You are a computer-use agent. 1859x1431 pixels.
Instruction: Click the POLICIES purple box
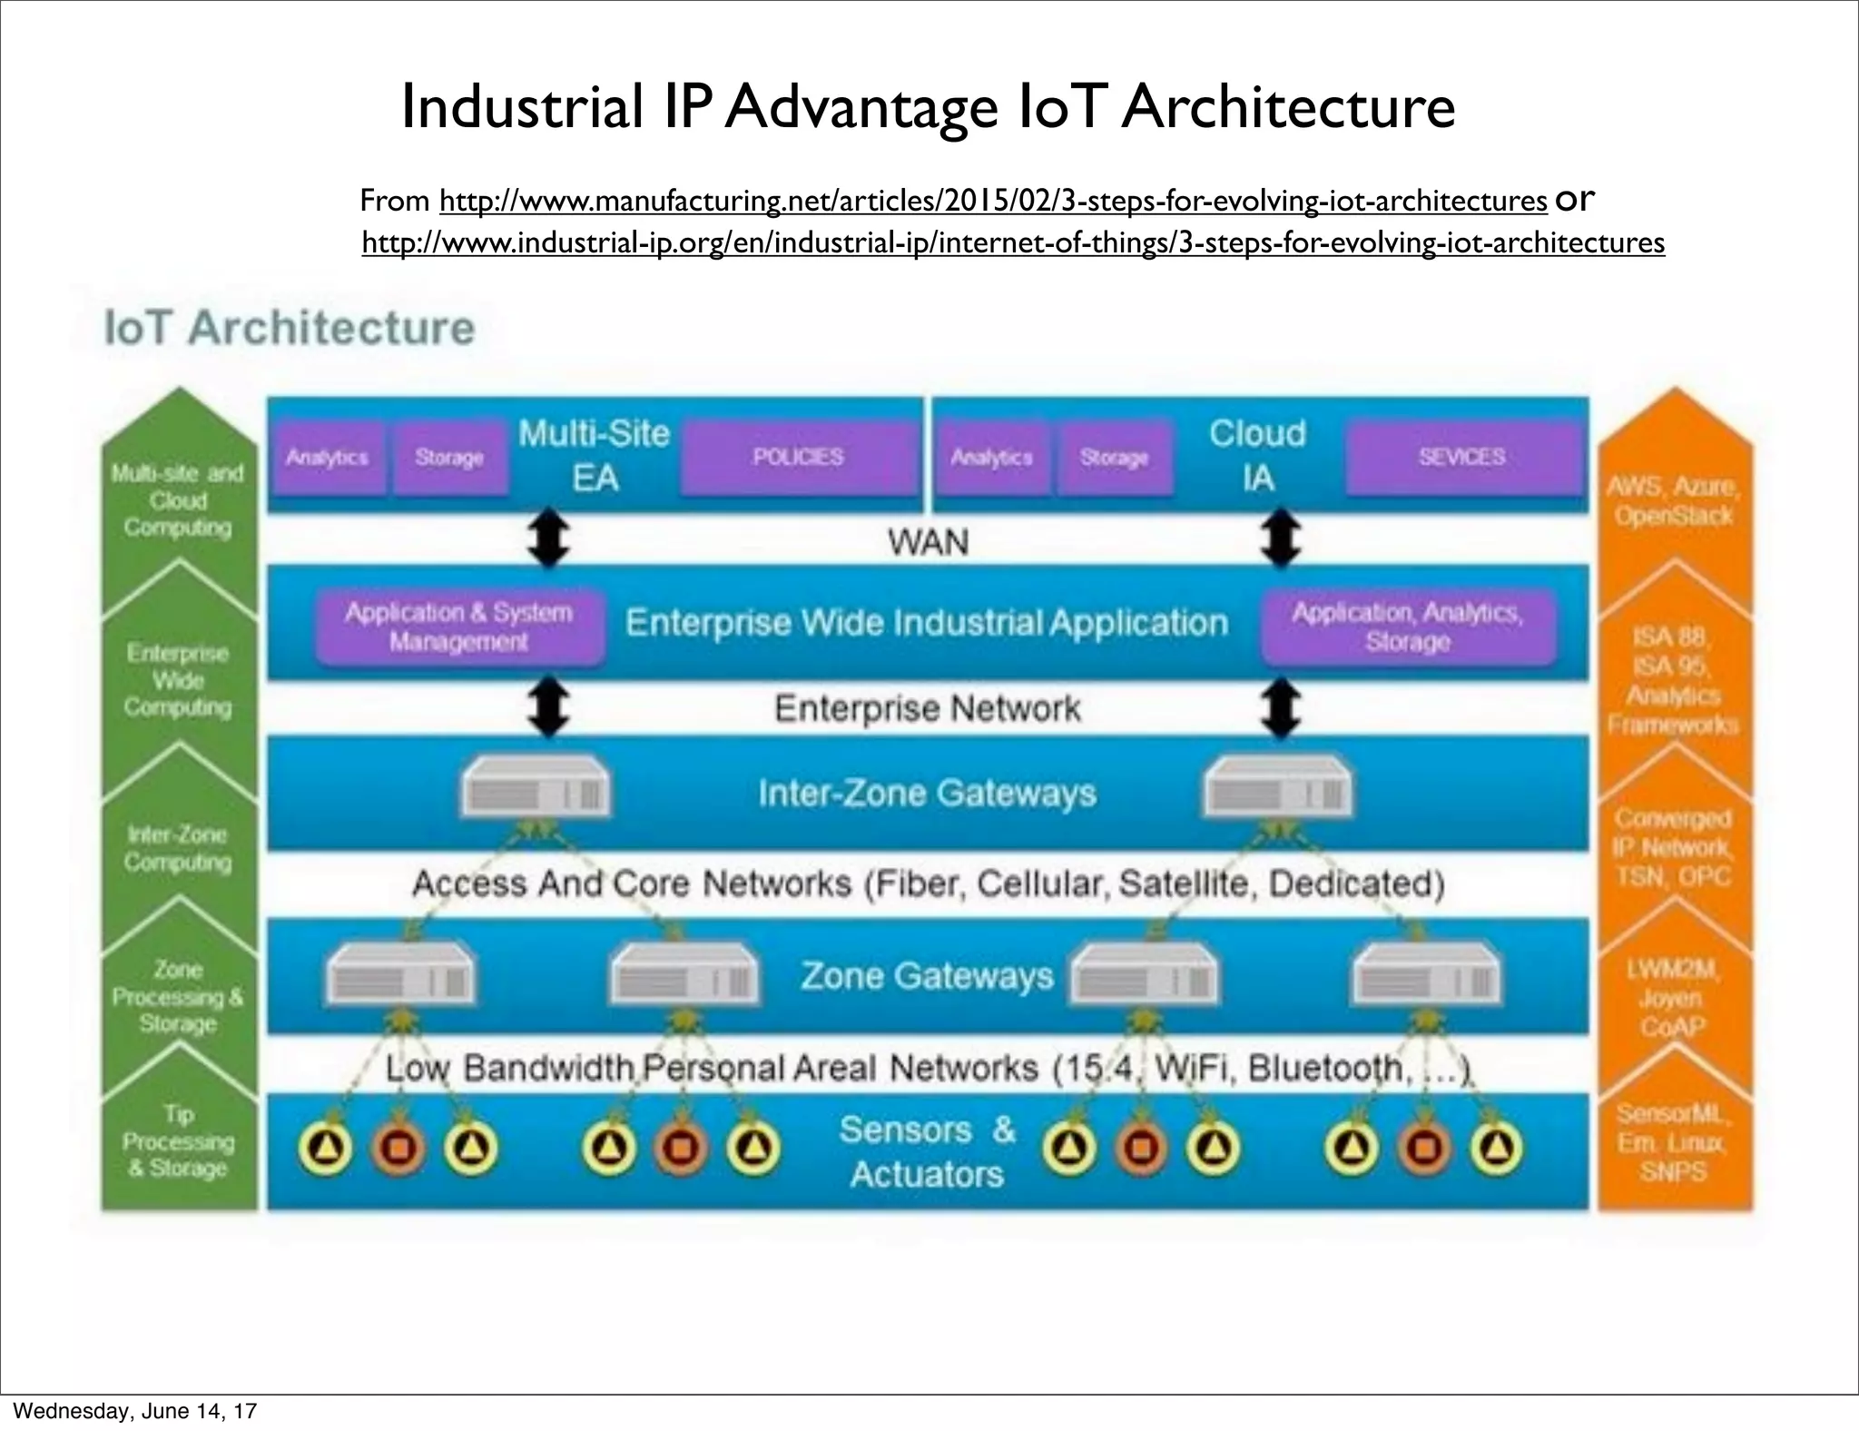(x=798, y=458)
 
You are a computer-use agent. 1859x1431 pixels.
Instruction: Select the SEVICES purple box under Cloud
(x=1461, y=458)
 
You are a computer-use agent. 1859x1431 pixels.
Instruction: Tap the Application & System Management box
(x=458, y=627)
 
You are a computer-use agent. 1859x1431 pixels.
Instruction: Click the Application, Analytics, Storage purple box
(x=1407, y=627)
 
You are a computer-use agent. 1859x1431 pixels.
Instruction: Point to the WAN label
(x=928, y=542)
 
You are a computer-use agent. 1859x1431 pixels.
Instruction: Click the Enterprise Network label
(x=927, y=708)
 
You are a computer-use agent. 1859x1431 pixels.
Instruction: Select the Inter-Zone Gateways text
(x=927, y=794)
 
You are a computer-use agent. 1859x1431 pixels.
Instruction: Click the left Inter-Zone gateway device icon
(x=536, y=789)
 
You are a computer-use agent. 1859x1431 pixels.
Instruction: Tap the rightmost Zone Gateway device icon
(x=1426, y=976)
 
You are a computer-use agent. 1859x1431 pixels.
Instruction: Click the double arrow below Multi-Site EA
(x=549, y=538)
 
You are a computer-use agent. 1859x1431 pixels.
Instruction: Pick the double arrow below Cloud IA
(x=1281, y=538)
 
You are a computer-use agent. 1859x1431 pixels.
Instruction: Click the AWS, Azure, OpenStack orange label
(x=1673, y=501)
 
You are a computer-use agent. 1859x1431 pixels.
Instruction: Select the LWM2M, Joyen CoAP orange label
(x=1671, y=998)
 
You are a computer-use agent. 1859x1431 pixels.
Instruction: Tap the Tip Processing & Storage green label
(x=179, y=1141)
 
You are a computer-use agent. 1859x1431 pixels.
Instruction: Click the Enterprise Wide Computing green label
(x=178, y=680)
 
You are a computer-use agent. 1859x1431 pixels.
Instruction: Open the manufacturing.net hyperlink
(x=992, y=201)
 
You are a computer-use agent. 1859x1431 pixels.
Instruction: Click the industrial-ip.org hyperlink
(x=1012, y=243)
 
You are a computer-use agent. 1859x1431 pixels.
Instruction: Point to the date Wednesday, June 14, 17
(x=135, y=1411)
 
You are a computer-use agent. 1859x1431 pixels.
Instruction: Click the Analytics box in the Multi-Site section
(x=328, y=458)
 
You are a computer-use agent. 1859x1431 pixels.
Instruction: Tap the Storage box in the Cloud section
(x=1114, y=458)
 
